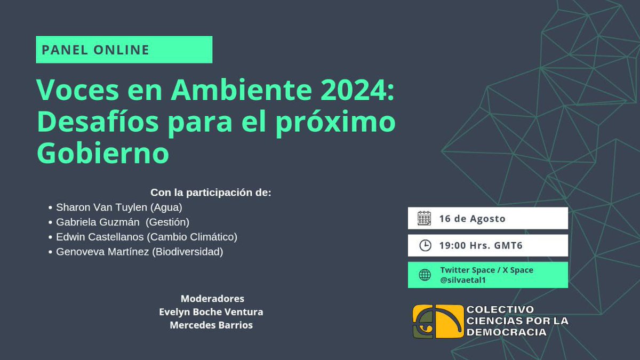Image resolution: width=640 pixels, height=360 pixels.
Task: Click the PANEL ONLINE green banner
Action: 124,50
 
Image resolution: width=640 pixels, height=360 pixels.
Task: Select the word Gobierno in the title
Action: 102,154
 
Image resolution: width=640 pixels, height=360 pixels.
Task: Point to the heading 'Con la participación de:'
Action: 211,193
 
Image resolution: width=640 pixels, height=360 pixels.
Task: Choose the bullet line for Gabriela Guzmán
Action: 122,222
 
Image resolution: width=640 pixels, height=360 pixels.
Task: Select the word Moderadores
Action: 212,299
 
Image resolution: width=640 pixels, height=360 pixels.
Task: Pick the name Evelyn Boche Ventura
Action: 211,312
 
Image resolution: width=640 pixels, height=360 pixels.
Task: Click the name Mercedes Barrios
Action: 211,325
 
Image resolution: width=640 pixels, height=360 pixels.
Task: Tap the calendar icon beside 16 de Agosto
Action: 424,218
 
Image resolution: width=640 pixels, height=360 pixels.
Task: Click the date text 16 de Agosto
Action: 472,219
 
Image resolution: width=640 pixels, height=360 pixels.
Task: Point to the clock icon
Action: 425,245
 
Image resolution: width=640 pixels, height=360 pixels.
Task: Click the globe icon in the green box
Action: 425,275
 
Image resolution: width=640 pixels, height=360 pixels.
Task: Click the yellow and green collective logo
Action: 438,322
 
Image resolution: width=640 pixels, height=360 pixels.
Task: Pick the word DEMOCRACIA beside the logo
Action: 506,332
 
